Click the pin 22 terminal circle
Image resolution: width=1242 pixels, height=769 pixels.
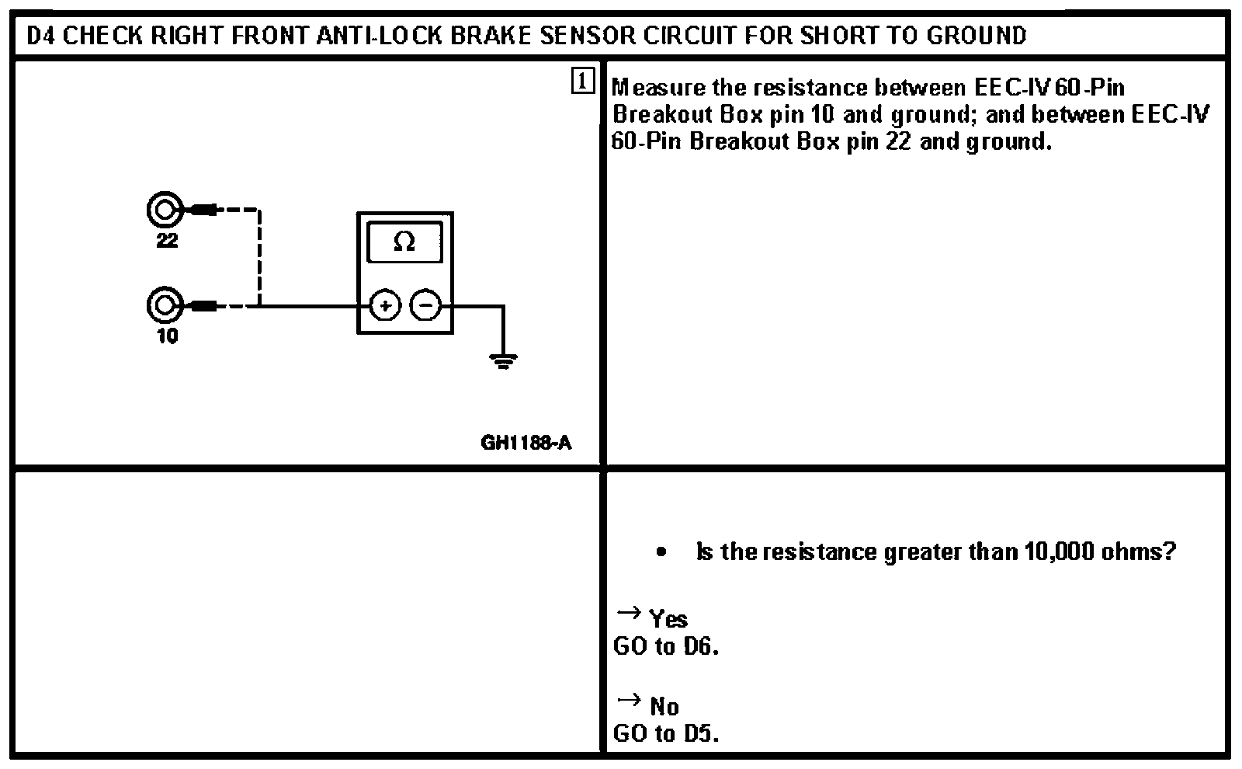tap(164, 210)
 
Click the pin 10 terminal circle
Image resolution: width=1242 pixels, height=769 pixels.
tap(164, 306)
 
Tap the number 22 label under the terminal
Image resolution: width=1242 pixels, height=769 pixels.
tap(167, 241)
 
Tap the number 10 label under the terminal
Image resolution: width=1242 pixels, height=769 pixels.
tap(167, 336)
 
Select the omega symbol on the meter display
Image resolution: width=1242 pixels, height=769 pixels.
tap(404, 242)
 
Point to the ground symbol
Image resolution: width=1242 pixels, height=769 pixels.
tap(503, 360)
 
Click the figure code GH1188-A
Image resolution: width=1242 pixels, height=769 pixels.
tap(526, 443)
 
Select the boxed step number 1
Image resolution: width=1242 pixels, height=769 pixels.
tap(582, 81)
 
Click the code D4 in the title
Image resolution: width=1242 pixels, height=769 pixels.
tap(40, 36)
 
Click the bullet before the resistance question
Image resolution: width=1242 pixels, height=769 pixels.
tap(661, 552)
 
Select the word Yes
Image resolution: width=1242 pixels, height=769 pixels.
tap(668, 619)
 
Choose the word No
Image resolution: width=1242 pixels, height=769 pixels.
tap(664, 706)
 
